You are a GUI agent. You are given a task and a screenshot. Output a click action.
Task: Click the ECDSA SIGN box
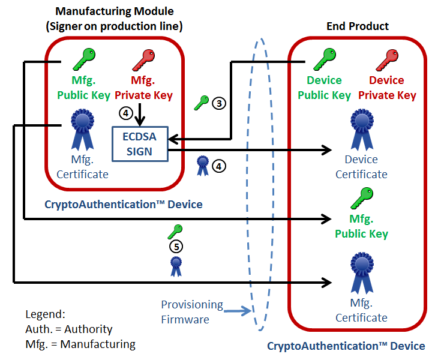(x=140, y=144)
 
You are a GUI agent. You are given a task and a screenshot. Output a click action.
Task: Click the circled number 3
(x=219, y=103)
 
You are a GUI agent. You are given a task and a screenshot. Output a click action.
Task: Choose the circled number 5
(x=176, y=246)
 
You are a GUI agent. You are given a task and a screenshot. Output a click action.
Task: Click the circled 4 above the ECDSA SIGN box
(x=125, y=112)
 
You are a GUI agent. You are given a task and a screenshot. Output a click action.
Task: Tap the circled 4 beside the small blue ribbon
(x=220, y=166)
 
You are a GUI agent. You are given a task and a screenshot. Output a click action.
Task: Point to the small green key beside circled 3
(x=202, y=103)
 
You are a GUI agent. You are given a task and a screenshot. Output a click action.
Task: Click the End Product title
(x=358, y=26)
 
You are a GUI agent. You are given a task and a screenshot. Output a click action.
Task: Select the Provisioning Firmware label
(x=191, y=312)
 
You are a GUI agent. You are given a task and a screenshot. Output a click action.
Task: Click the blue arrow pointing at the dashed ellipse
(x=238, y=311)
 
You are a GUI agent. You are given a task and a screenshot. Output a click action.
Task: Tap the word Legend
(x=45, y=314)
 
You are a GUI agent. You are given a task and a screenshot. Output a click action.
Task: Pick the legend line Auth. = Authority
(x=68, y=329)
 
